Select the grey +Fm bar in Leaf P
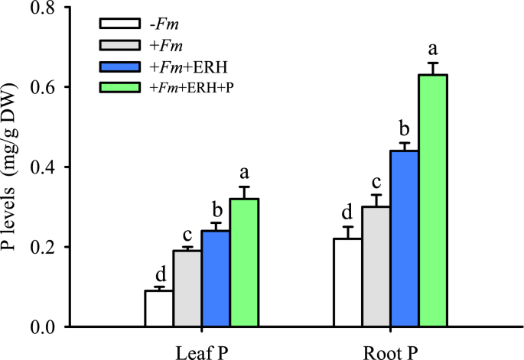pos(187,289)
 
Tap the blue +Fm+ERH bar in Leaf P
pos(216,279)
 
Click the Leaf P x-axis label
pos(202,350)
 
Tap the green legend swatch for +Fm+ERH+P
pos(118,87)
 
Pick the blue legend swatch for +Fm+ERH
pos(118,67)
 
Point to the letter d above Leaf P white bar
pos(160,274)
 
